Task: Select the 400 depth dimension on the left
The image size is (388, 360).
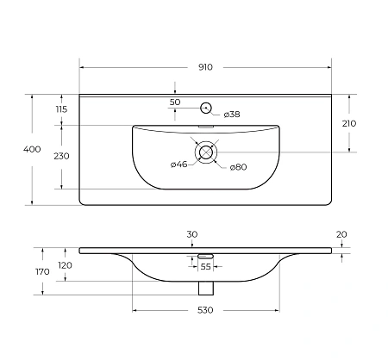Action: tap(32, 150)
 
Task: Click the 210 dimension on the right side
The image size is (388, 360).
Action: tap(348, 123)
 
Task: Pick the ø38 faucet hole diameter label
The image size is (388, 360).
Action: tap(232, 114)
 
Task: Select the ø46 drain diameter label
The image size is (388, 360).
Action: tap(179, 164)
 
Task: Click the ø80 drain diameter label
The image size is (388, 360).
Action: tap(239, 166)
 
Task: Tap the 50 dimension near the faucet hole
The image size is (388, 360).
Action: tap(175, 102)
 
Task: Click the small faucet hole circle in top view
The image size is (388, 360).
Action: tap(206, 108)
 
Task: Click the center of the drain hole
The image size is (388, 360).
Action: tap(206, 152)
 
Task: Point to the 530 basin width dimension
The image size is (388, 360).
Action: tap(206, 310)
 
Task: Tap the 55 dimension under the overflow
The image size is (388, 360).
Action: tap(206, 267)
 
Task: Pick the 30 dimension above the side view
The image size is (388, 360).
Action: tap(191, 234)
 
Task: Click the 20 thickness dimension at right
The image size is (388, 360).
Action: tap(342, 234)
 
